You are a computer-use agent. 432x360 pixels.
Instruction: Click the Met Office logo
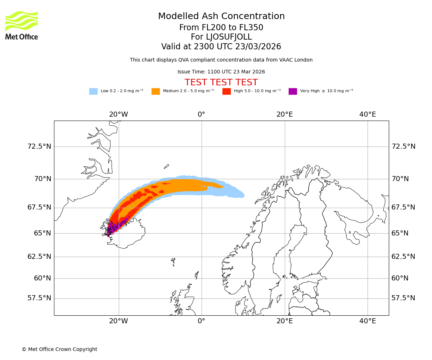click(22, 25)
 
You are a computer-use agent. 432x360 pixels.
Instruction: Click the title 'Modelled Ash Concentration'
click(221, 17)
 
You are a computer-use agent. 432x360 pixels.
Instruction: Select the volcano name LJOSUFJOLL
click(229, 37)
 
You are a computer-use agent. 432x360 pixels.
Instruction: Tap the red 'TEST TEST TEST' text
click(221, 82)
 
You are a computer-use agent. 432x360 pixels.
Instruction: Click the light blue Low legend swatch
click(93, 91)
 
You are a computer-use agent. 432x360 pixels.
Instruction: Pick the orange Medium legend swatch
click(156, 91)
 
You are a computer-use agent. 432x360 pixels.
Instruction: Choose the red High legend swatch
click(226, 91)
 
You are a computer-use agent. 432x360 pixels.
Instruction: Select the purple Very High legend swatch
click(293, 91)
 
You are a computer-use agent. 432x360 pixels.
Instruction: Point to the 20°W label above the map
click(118, 114)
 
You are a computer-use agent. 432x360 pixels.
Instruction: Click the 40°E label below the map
click(368, 321)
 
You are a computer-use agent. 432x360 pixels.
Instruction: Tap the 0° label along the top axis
click(201, 114)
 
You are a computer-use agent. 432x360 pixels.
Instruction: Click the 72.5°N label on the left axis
click(39, 147)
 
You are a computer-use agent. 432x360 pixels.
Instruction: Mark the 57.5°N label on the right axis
click(403, 298)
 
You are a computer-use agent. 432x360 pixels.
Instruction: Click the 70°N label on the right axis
click(400, 179)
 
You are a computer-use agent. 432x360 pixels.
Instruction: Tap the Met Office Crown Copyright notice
click(59, 349)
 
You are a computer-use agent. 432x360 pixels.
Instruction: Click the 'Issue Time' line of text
click(221, 72)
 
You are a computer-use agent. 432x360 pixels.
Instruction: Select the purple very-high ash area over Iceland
click(114, 227)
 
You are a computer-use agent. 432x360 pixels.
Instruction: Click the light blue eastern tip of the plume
click(240, 194)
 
